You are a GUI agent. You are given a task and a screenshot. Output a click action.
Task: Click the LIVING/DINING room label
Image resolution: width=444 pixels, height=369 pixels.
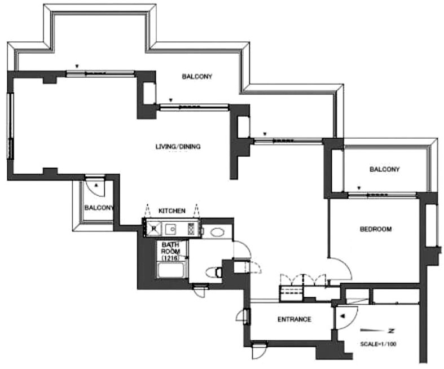(178, 147)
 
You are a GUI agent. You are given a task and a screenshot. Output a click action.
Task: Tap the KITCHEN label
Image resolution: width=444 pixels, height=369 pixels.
(172, 210)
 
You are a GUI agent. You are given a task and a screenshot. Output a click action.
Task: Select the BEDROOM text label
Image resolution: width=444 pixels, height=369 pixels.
(376, 229)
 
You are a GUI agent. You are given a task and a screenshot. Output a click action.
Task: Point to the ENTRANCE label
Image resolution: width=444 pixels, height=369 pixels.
(294, 319)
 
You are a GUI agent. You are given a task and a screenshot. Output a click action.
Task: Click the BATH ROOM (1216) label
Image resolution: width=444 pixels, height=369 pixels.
(170, 251)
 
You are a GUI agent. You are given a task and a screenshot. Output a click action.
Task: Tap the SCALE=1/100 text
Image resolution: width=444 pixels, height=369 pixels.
(378, 344)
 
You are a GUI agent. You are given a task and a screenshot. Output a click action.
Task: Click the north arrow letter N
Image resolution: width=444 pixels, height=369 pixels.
(392, 331)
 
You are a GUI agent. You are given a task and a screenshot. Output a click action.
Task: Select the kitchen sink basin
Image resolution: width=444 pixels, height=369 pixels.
(171, 229)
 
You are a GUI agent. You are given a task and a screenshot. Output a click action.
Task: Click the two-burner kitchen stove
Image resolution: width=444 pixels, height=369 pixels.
(191, 229)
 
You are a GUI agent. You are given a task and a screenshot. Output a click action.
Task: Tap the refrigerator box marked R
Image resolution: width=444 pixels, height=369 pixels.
(153, 228)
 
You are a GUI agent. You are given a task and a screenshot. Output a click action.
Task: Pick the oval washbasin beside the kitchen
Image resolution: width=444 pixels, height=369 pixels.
(217, 232)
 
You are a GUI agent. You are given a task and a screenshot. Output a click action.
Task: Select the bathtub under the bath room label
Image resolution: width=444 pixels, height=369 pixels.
(172, 270)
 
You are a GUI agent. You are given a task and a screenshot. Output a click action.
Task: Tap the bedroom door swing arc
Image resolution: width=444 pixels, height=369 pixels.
(345, 265)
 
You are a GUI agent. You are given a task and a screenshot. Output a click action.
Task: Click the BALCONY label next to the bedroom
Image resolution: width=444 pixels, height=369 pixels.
(384, 169)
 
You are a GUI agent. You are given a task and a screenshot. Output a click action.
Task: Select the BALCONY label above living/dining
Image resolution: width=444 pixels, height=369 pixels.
(197, 77)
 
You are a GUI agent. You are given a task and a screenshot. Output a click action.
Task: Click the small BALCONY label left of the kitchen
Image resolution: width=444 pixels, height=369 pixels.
(99, 208)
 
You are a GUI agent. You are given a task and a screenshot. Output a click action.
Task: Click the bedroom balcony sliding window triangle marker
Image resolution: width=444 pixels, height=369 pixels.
(359, 188)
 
